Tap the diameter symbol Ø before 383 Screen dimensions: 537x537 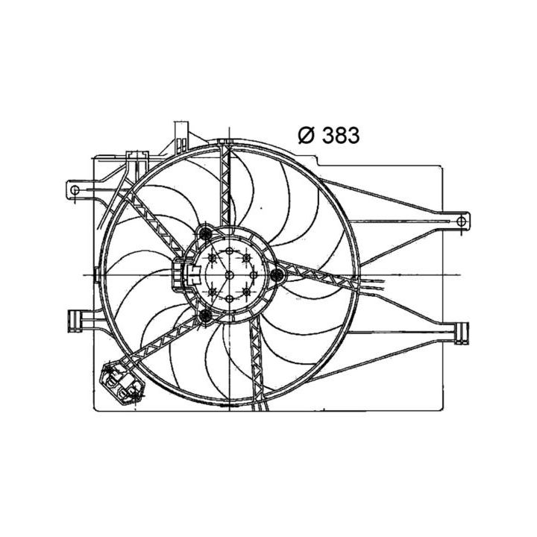click(307, 135)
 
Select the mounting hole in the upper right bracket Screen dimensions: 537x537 click(462, 220)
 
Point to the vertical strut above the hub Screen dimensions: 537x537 click(227, 186)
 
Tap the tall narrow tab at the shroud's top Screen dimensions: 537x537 click(179, 134)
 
